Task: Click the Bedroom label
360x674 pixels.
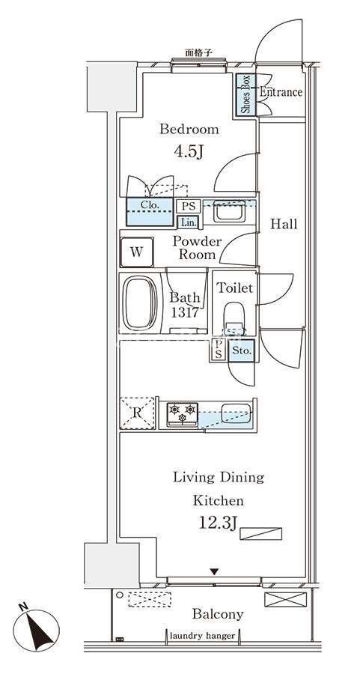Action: point(189,129)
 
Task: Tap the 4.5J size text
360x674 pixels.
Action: point(188,152)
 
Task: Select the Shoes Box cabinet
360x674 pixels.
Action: point(245,94)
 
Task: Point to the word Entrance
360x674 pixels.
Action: point(281,92)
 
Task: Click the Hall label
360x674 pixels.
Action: point(284,224)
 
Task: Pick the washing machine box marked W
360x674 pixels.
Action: point(137,252)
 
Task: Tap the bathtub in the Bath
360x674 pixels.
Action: point(140,303)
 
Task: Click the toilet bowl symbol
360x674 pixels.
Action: point(234,318)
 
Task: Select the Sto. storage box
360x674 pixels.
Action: point(242,350)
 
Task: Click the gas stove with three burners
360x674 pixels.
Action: point(183,414)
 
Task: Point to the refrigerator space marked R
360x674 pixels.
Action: point(137,413)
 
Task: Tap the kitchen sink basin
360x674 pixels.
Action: point(236,413)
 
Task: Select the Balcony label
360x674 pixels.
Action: point(218,614)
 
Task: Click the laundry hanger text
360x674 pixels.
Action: point(202,636)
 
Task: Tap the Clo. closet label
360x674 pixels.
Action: point(150,205)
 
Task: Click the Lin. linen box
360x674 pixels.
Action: point(188,222)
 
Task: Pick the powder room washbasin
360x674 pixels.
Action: point(230,211)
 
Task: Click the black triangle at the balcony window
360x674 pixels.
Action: point(214,571)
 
